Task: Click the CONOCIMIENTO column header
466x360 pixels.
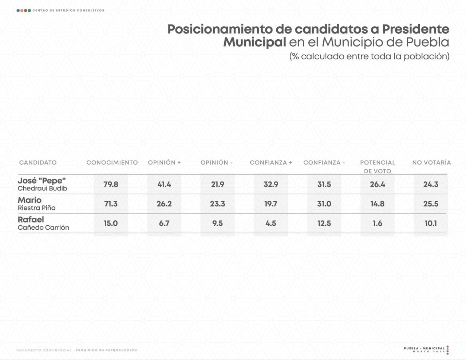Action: click(112, 163)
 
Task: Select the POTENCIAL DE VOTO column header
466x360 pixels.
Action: click(378, 167)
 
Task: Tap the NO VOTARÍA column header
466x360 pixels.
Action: click(431, 163)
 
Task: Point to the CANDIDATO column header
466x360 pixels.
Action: click(38, 163)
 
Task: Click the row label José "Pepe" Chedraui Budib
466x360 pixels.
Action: click(42, 184)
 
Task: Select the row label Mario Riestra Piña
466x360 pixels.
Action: click(36, 204)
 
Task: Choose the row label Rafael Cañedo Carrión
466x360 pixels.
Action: click(43, 223)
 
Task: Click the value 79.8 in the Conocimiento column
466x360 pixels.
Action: click(111, 185)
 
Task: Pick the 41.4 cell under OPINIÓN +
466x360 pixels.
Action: click(164, 185)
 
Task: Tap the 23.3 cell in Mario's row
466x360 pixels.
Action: click(217, 204)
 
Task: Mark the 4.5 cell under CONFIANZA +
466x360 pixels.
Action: click(271, 223)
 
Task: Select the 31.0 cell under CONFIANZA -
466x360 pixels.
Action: click(324, 204)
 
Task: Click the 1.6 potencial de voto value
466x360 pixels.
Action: click(378, 223)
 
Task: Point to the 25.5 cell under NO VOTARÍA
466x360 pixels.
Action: click(431, 204)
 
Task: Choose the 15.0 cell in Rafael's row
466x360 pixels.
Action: click(111, 223)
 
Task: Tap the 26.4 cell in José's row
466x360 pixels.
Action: click(378, 185)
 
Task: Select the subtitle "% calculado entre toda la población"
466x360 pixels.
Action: click(369, 56)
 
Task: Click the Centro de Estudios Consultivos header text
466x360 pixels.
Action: click(68, 11)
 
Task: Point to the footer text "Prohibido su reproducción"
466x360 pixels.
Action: click(106, 350)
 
